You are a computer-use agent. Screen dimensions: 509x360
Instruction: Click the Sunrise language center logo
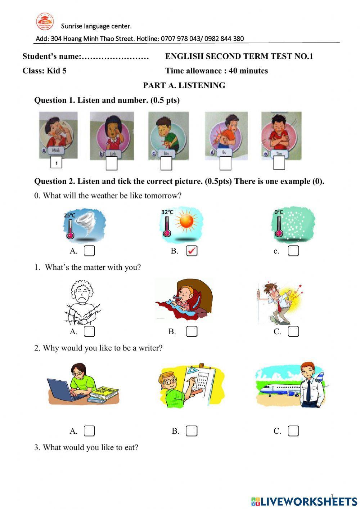tap(45, 22)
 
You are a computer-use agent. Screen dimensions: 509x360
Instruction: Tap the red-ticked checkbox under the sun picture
tap(192, 251)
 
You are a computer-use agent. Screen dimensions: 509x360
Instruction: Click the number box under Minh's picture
tap(56, 163)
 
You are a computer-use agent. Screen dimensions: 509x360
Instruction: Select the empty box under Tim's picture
tap(279, 163)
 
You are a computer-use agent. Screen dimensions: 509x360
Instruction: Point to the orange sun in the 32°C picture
tap(186, 221)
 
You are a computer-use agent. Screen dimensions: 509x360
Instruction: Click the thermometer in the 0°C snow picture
tap(278, 227)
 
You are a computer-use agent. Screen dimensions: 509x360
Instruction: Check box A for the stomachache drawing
tap(89, 331)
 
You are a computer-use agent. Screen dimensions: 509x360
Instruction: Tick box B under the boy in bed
tap(192, 331)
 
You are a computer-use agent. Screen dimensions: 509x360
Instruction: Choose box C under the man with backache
tap(293, 331)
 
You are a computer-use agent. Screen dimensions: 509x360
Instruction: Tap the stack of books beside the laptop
tap(103, 395)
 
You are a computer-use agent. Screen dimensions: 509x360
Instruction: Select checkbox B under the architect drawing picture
tap(192, 431)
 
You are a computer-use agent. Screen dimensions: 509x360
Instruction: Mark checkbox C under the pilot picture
tap(293, 431)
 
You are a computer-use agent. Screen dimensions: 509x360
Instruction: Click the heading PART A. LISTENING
tap(184, 85)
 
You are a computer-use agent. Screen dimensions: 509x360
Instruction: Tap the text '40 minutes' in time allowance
tap(248, 71)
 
